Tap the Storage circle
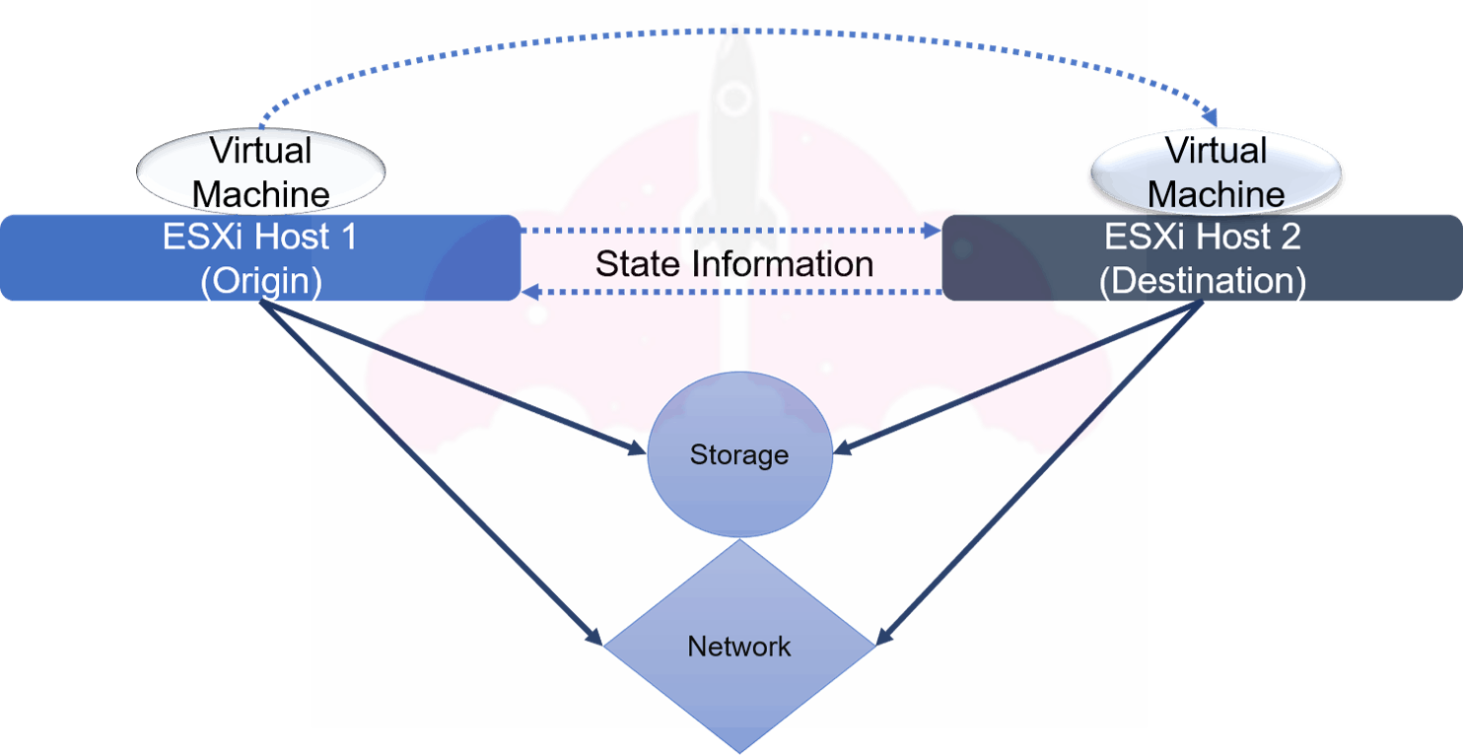pyautogui.click(x=739, y=455)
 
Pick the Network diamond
pyautogui.click(x=739, y=646)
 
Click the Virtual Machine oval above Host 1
pyautogui.click(x=261, y=170)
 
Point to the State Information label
pyautogui.click(x=734, y=264)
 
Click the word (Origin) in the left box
pyautogui.click(x=261, y=282)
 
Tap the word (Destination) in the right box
pyautogui.click(x=1202, y=282)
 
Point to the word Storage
pyautogui.click(x=739, y=455)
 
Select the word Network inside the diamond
pyautogui.click(x=739, y=647)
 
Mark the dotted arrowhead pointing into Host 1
pyautogui.click(x=529, y=292)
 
